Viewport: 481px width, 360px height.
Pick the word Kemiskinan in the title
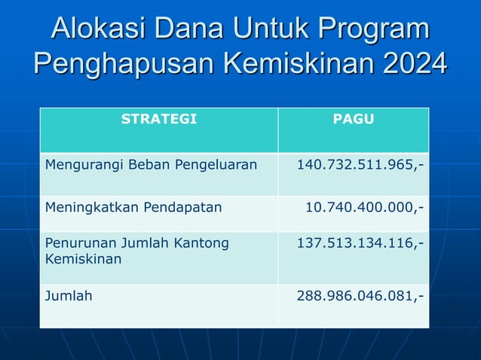pos(295,63)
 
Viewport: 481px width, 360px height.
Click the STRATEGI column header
pos(158,119)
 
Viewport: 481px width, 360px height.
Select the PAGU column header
pos(353,119)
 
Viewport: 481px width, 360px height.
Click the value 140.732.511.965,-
pos(360,164)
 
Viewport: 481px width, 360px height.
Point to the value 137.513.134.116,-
pos(360,243)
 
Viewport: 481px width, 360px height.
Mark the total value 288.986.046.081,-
pos(360,296)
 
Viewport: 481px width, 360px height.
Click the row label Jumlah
pos(69,296)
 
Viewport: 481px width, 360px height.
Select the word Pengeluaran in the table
pos(219,164)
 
